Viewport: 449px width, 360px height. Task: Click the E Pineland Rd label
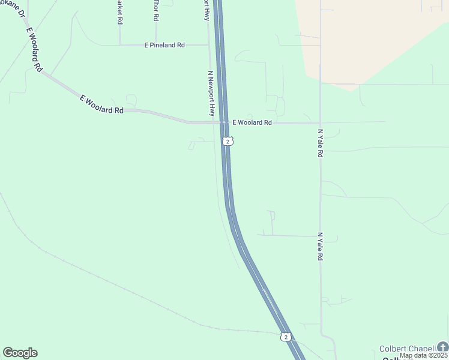164,45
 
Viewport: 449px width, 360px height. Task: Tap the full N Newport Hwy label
211,94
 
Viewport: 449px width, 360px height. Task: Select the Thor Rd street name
155,11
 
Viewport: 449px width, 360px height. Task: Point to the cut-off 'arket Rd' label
120,12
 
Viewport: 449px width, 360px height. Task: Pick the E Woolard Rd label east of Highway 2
252,122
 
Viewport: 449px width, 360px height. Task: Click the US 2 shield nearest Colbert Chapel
286,337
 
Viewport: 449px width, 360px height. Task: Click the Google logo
20,353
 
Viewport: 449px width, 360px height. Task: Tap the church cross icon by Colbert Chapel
442,347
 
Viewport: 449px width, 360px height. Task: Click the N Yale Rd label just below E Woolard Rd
320,143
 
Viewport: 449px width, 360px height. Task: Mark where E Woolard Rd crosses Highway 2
223,122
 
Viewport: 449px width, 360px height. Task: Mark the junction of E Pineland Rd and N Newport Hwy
208,45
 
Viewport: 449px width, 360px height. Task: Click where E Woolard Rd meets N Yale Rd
320,122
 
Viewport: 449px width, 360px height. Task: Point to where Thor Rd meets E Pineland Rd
155,45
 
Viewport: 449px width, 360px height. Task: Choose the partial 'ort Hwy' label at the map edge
206,10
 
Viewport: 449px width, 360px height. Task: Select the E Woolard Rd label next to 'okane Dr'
34,50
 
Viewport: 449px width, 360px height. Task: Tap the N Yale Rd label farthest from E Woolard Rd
321,247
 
